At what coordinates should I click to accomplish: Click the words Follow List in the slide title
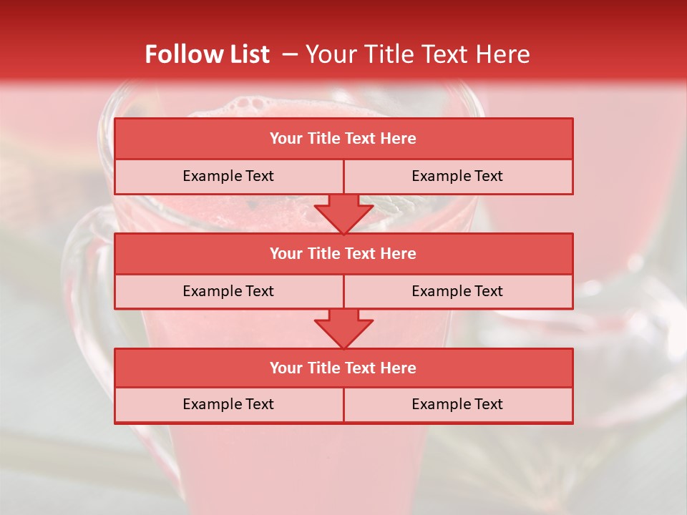tap(208, 54)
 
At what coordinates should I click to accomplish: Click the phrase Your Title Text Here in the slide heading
tap(418, 54)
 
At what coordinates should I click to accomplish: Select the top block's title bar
tap(343, 139)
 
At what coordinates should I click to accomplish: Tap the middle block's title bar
tap(343, 254)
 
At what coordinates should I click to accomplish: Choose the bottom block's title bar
tap(343, 368)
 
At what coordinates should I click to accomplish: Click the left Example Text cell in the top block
tap(229, 177)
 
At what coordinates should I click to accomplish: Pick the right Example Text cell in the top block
tap(458, 177)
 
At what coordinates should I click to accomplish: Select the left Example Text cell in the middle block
tap(229, 292)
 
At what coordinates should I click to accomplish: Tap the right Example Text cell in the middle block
tap(458, 292)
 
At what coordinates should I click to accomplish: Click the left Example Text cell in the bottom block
tap(229, 405)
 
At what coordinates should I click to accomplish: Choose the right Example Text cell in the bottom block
tap(458, 405)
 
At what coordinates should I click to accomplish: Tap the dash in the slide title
tap(290, 54)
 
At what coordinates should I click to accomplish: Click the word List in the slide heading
tap(246, 54)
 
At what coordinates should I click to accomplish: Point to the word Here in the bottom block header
tap(399, 368)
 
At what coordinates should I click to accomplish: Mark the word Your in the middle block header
tap(285, 254)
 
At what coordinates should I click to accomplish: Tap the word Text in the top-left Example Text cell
tap(258, 177)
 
